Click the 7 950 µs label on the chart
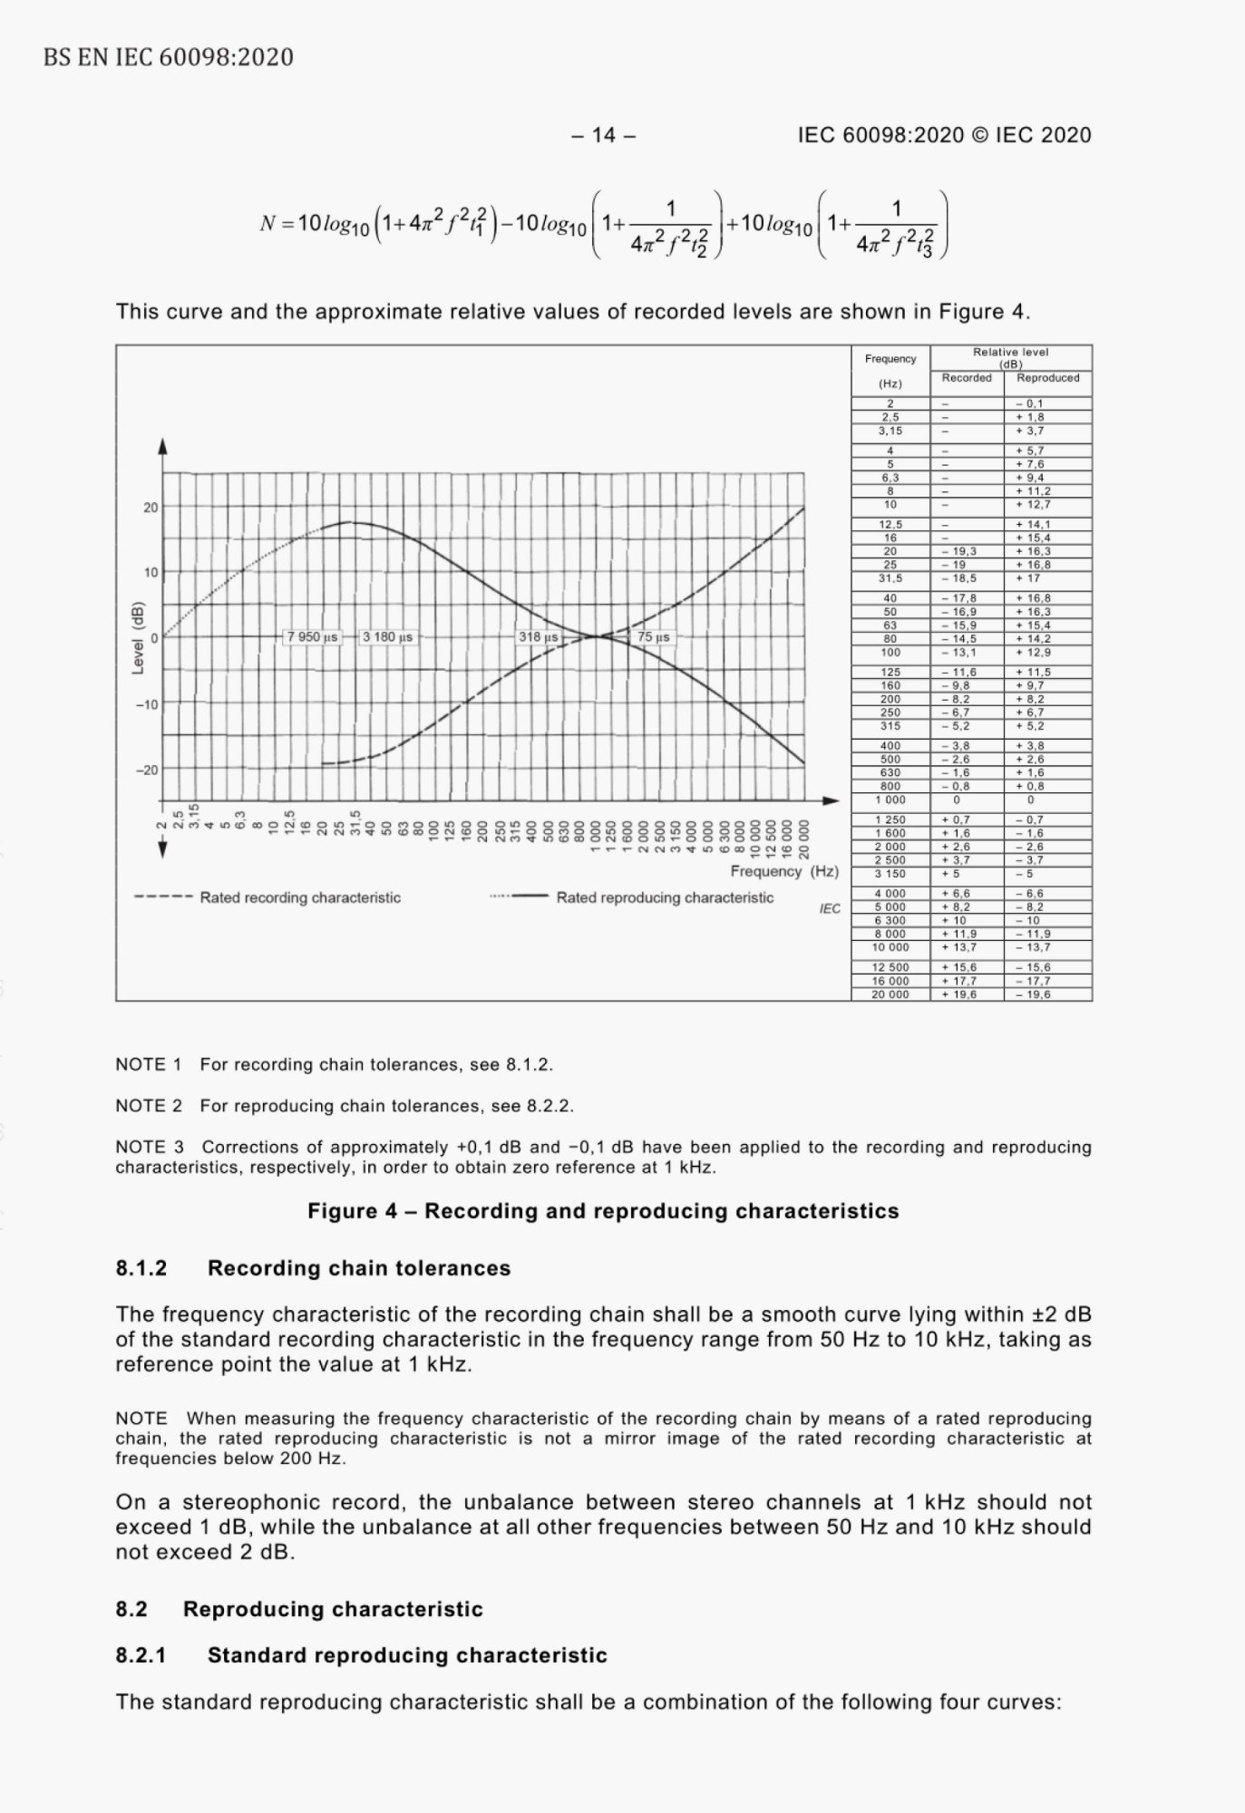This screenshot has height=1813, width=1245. [x=312, y=637]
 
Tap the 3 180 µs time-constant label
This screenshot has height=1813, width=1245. [x=387, y=637]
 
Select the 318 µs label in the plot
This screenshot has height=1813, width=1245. [x=538, y=637]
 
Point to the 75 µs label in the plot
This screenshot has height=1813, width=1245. [x=653, y=637]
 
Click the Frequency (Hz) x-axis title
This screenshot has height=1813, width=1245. [x=784, y=871]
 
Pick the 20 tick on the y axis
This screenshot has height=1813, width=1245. [x=151, y=508]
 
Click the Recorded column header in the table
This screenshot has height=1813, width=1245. [x=967, y=378]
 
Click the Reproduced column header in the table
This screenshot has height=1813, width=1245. [x=1048, y=378]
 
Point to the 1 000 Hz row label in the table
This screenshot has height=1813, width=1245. [x=890, y=800]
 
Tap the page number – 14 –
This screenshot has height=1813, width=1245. [x=603, y=135]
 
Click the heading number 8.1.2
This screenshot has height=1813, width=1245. [x=141, y=1268]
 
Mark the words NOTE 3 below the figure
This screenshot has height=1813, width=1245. [x=149, y=1147]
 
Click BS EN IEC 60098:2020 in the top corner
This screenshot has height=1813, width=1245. [x=169, y=58]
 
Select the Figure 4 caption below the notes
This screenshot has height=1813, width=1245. [x=603, y=1211]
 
